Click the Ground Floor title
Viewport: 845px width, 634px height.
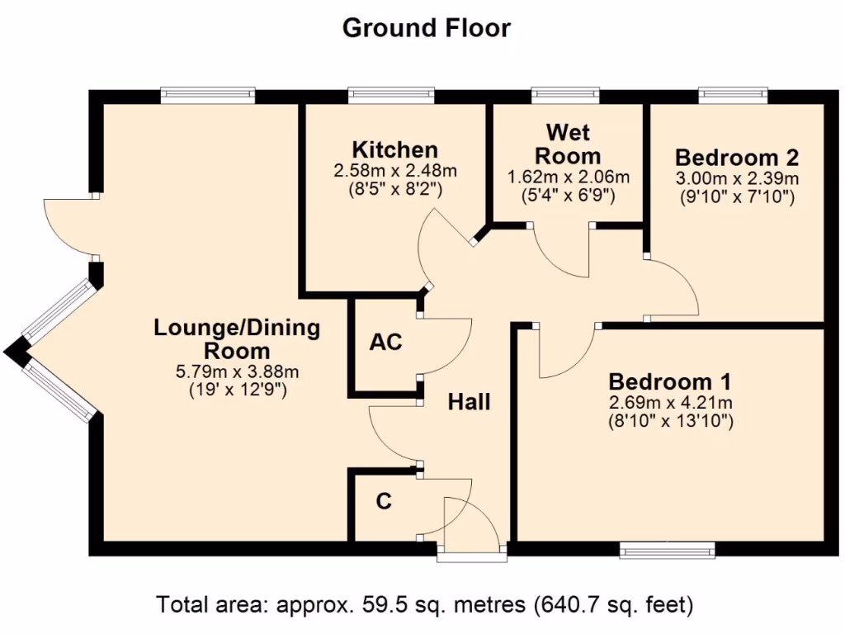click(426, 28)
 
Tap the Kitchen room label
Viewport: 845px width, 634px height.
click(394, 150)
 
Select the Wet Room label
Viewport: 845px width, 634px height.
click(568, 144)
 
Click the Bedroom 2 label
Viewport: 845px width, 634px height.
click(736, 157)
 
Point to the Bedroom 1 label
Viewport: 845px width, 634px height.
click(669, 382)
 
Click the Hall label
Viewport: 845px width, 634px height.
click(469, 402)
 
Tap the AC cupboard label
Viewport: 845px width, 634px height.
click(385, 342)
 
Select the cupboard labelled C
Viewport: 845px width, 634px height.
click(383, 501)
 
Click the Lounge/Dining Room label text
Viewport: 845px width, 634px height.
click(237, 339)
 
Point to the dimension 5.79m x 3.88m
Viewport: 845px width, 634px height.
click(237, 371)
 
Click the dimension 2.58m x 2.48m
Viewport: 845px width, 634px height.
click(394, 172)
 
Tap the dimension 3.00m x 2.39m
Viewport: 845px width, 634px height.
click(736, 178)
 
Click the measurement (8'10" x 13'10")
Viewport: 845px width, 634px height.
click(669, 422)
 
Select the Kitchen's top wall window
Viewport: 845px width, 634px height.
click(391, 95)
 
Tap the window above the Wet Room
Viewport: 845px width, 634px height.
click(565, 95)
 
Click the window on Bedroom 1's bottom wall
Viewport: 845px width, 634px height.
click(667, 550)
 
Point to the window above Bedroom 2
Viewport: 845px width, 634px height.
click(733, 95)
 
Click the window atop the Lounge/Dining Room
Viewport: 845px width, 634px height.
click(207, 95)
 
